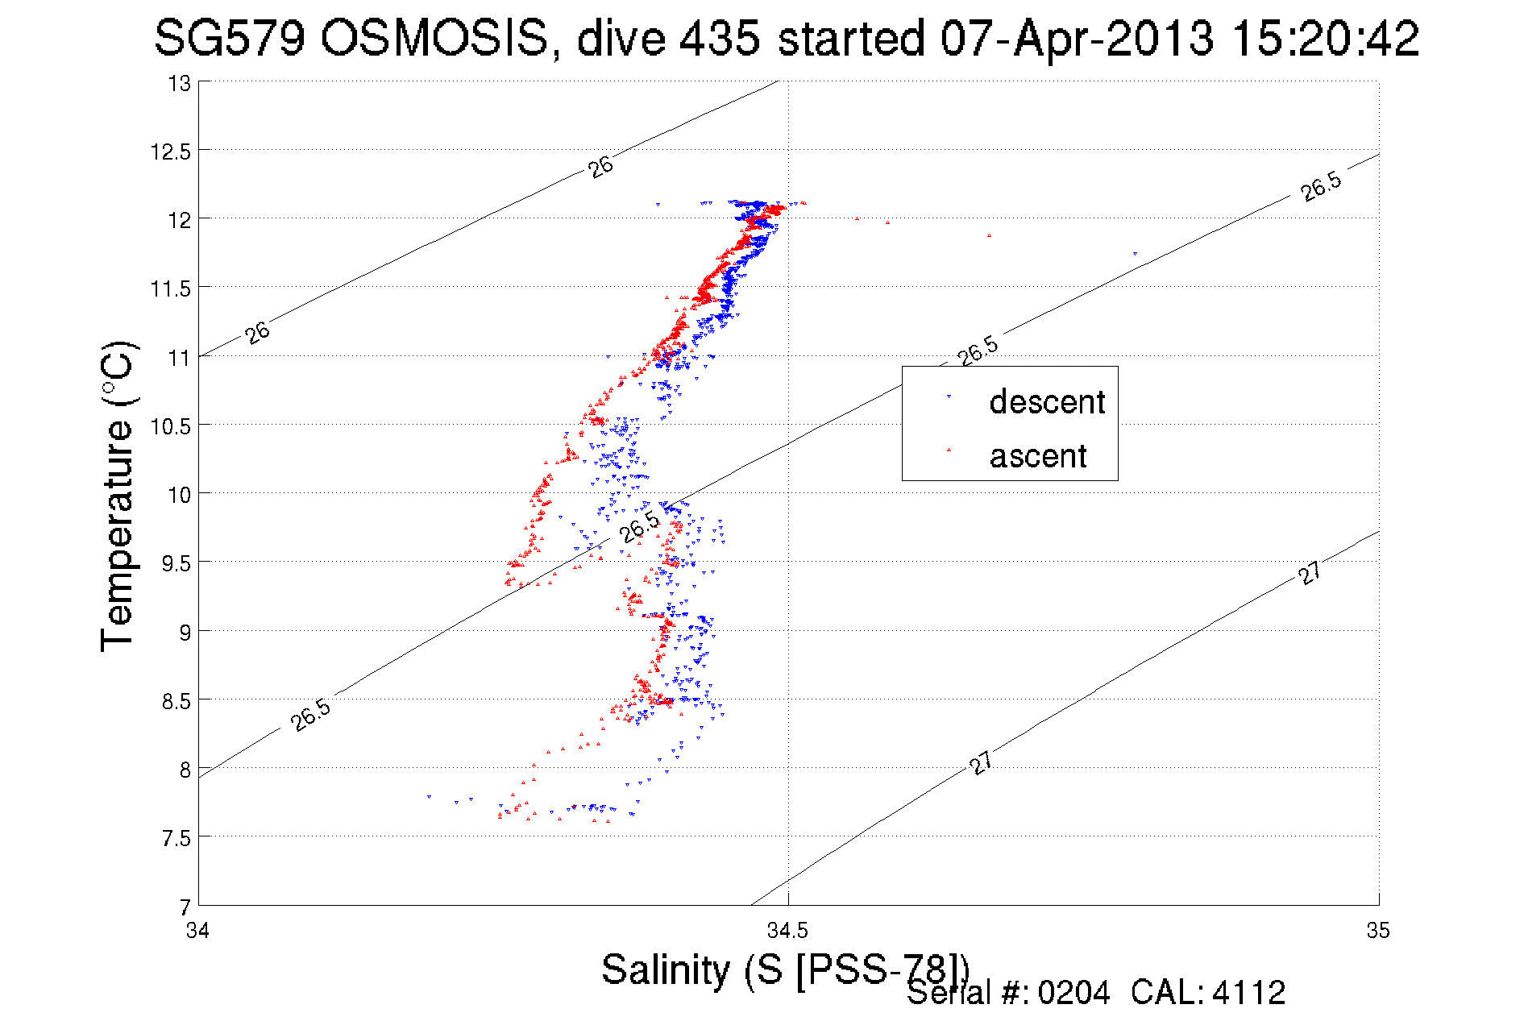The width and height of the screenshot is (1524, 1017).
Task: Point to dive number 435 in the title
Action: click(720, 39)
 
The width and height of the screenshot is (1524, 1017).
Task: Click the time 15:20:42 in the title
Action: click(1326, 39)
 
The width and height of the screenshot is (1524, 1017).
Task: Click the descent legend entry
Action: click(1046, 402)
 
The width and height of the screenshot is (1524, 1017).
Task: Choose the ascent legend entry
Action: click(1037, 456)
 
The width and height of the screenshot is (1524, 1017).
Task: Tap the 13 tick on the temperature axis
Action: click(179, 84)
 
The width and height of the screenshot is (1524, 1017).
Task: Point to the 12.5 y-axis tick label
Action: click(170, 152)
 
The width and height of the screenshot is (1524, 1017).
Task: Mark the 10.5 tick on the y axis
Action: click(170, 426)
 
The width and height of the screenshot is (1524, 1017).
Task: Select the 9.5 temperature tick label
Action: click(176, 563)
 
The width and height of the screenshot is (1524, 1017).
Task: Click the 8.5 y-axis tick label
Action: click(176, 701)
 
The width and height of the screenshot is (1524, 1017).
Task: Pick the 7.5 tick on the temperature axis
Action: click(176, 839)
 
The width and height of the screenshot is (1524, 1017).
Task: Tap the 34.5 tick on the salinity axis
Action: click(787, 932)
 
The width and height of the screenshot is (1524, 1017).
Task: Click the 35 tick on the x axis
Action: click(1378, 932)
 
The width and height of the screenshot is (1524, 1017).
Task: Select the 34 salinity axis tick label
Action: click(197, 932)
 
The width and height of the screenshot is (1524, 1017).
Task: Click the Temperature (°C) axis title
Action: click(118, 496)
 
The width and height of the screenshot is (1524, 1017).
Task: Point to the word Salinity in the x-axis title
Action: click(666, 969)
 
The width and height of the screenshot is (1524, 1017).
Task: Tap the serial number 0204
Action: click(1073, 993)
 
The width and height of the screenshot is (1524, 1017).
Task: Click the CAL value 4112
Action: click(1248, 993)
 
